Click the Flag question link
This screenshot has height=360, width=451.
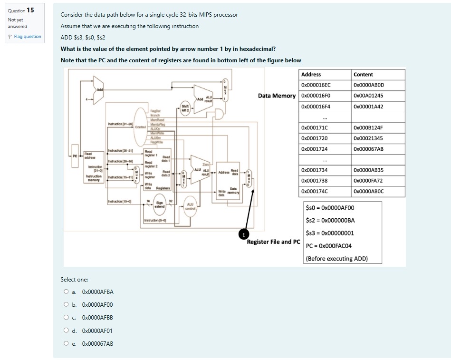(26, 37)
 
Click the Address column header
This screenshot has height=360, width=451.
(311, 75)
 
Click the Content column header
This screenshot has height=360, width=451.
(364, 75)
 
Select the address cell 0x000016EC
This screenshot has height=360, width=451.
(316, 85)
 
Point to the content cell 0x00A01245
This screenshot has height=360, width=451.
(368, 96)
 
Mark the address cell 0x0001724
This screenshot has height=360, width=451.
(314, 149)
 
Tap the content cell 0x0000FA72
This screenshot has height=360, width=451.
(368, 181)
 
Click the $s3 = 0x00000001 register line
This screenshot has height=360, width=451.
(330, 233)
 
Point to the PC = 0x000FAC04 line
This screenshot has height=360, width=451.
(329, 246)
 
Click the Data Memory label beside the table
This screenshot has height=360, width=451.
(277, 96)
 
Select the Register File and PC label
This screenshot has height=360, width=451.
(274, 242)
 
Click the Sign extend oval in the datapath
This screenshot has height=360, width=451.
(160, 205)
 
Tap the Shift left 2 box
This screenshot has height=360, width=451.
(185, 108)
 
